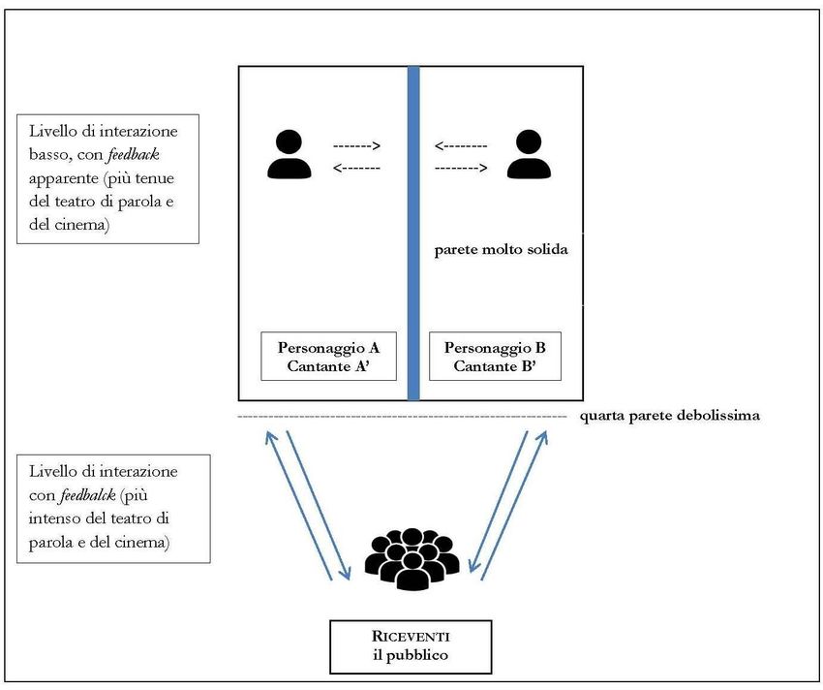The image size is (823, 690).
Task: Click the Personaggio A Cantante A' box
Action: [328, 357]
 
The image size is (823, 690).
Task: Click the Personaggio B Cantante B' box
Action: [495, 357]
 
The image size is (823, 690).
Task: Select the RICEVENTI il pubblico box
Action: [411, 645]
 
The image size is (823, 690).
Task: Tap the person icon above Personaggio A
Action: [289, 154]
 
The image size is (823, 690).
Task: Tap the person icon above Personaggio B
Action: [528, 154]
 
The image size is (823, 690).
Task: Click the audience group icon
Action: [411, 559]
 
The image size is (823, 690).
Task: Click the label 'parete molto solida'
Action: [501, 249]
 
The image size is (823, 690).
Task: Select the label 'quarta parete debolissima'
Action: [670, 416]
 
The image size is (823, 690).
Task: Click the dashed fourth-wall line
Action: [402, 417]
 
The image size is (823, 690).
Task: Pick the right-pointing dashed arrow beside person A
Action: [356, 146]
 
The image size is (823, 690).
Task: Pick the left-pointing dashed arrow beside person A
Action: [356, 168]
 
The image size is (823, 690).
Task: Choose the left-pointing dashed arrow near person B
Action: [460, 146]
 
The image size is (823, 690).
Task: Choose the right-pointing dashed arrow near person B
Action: [460, 168]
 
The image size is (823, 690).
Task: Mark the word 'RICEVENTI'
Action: [411, 636]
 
